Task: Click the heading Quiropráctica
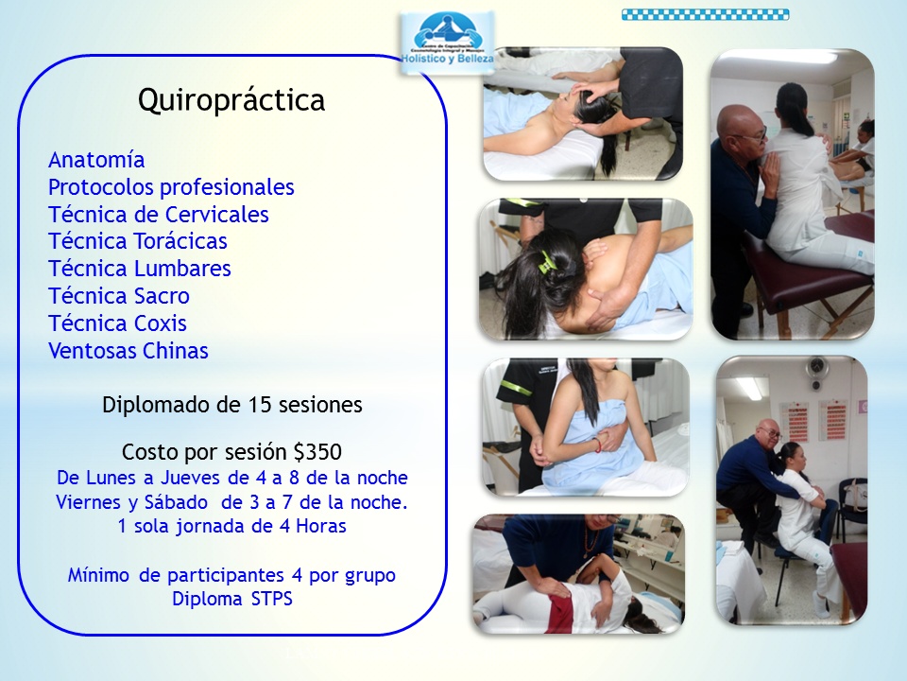[x=231, y=100]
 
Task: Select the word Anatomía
[x=96, y=160]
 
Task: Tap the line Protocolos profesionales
[x=171, y=187]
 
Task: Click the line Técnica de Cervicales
[x=159, y=215]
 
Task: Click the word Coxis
[x=160, y=323]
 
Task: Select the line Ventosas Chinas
[x=128, y=351]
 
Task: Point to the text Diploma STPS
[x=232, y=599]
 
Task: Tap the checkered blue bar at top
[x=705, y=14]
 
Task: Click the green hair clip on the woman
[x=545, y=261]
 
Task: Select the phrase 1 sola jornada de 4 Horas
[x=232, y=527]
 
